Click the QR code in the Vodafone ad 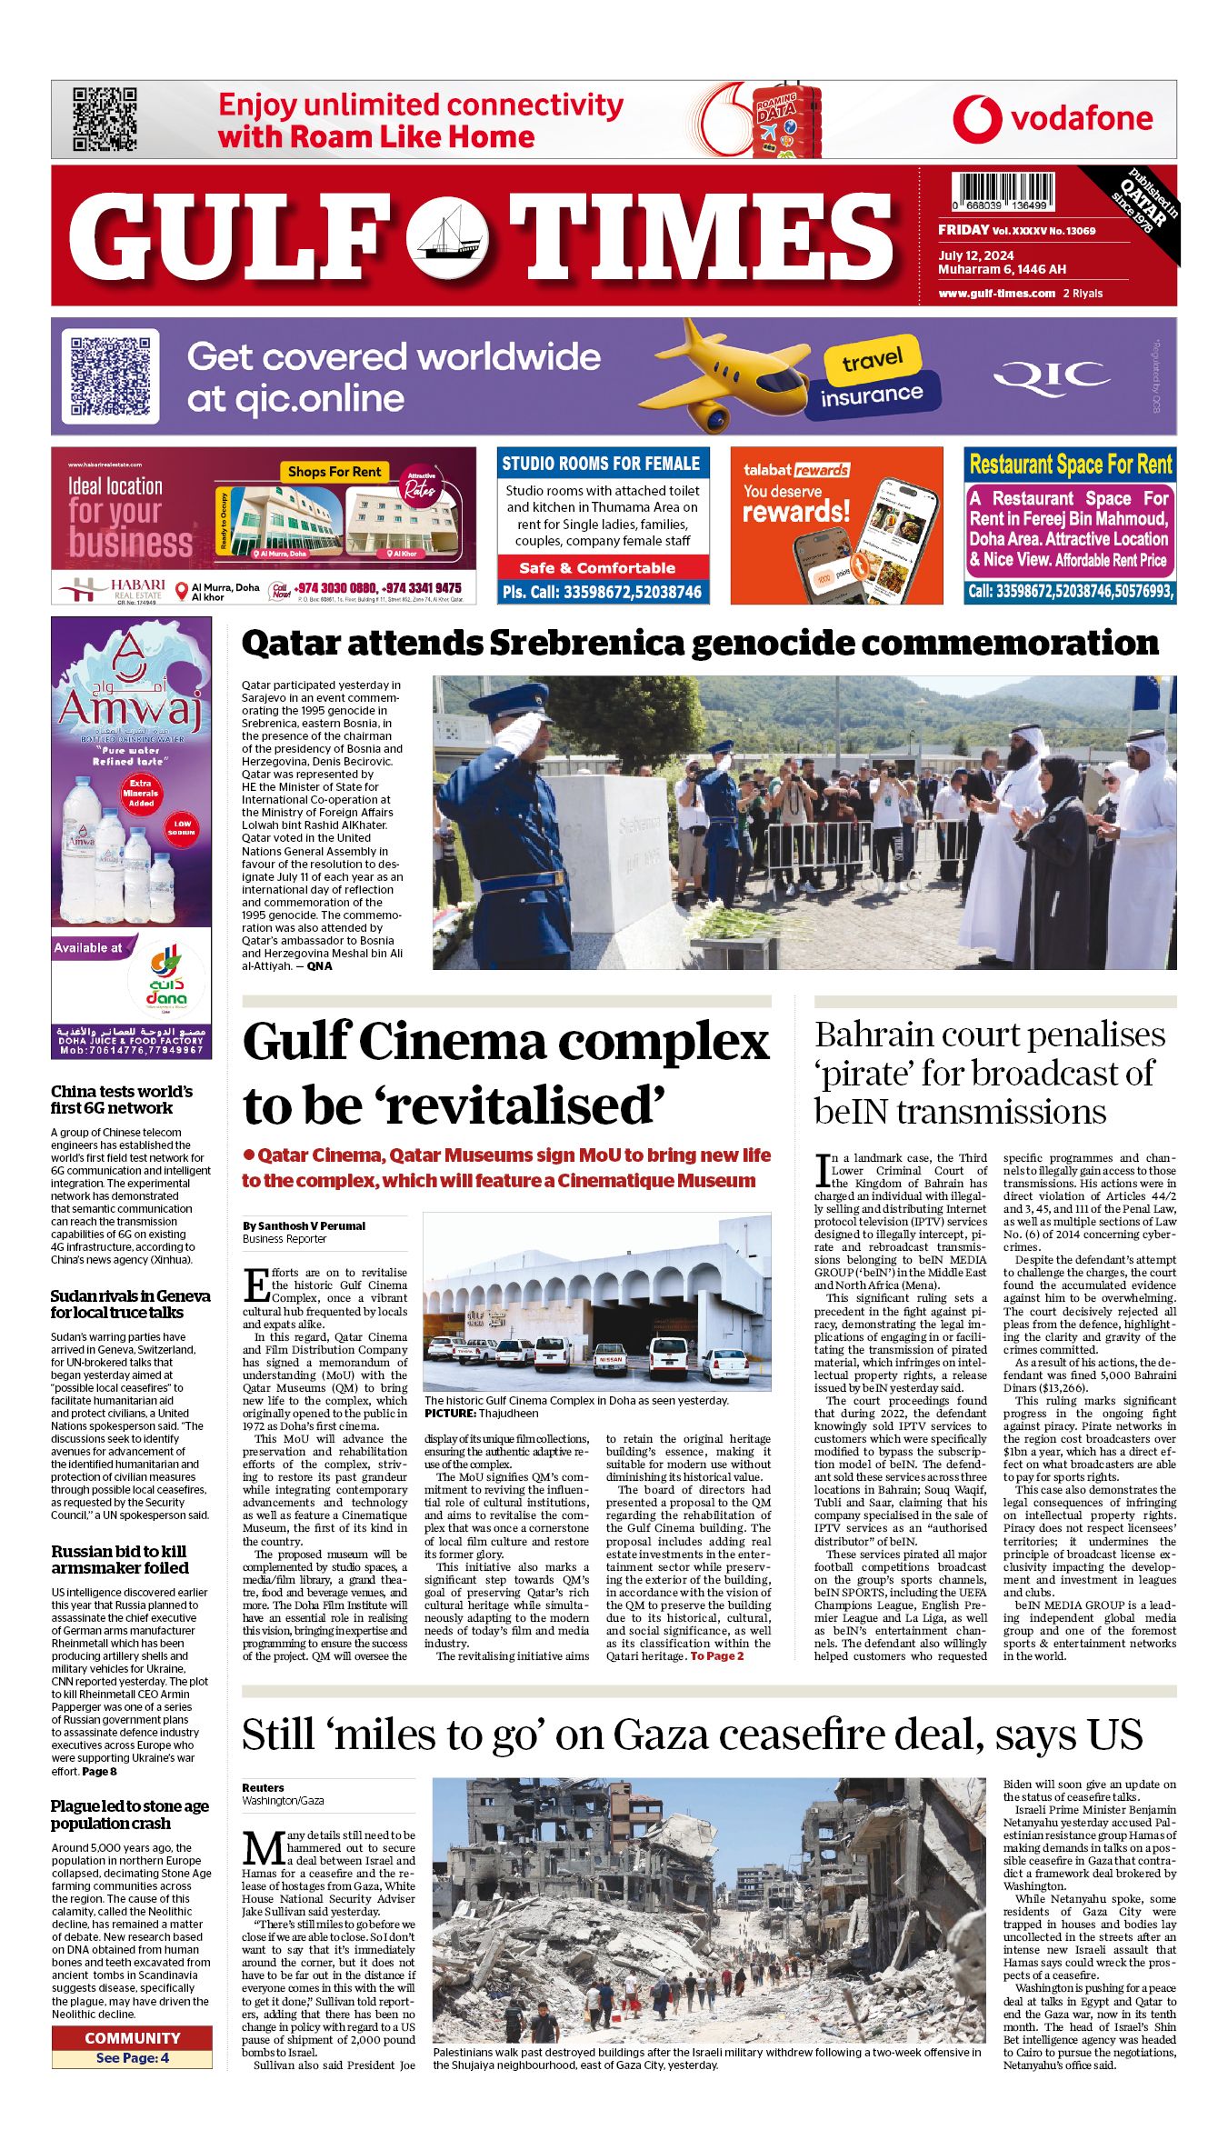(x=105, y=119)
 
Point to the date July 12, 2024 (x=975, y=255)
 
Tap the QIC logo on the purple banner (x=1052, y=376)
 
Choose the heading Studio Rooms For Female (x=601, y=464)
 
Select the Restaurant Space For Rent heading (x=1070, y=465)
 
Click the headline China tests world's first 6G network (x=122, y=1099)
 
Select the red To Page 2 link (x=716, y=1655)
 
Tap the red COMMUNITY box (x=132, y=2037)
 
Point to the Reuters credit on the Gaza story (x=263, y=1787)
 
